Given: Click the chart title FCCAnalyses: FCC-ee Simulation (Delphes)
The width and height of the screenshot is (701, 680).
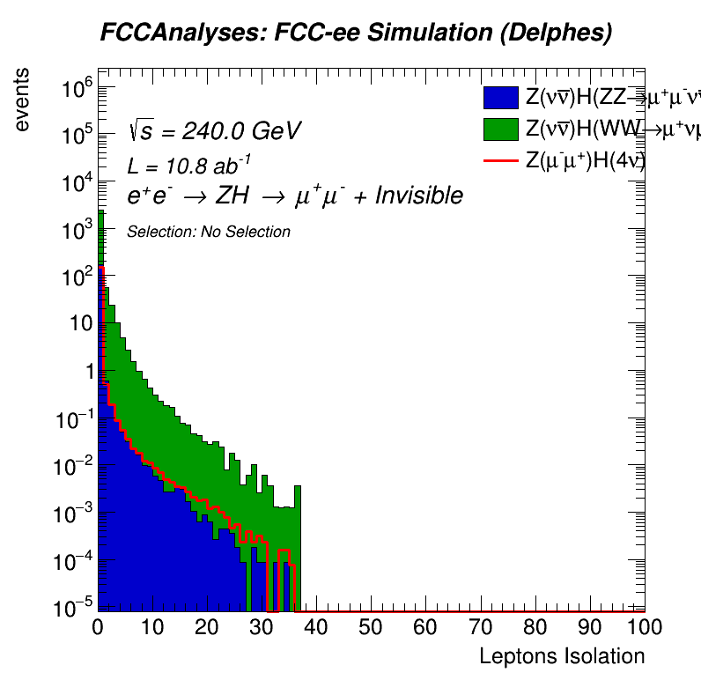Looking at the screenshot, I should point(356,33).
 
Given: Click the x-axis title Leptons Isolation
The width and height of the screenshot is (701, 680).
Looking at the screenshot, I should point(561,656).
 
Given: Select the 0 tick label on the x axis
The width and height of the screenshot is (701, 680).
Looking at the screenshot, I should point(98,628).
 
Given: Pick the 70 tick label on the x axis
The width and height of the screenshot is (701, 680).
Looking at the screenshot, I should point(481,628).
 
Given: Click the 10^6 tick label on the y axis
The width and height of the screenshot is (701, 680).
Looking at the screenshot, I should point(75,89).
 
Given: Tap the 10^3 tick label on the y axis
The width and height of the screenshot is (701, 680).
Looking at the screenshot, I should point(75,231).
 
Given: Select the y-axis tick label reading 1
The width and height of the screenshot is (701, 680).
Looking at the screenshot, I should point(85,372).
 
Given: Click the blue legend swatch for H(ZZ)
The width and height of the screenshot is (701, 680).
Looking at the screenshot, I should point(500,99).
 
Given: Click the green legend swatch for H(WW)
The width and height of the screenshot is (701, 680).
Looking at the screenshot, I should point(500,129).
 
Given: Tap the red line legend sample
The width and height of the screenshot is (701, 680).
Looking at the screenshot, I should point(500,160).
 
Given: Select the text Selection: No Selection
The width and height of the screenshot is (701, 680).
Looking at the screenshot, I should point(209,233).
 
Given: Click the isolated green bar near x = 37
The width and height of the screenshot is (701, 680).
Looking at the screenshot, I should point(298,546).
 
